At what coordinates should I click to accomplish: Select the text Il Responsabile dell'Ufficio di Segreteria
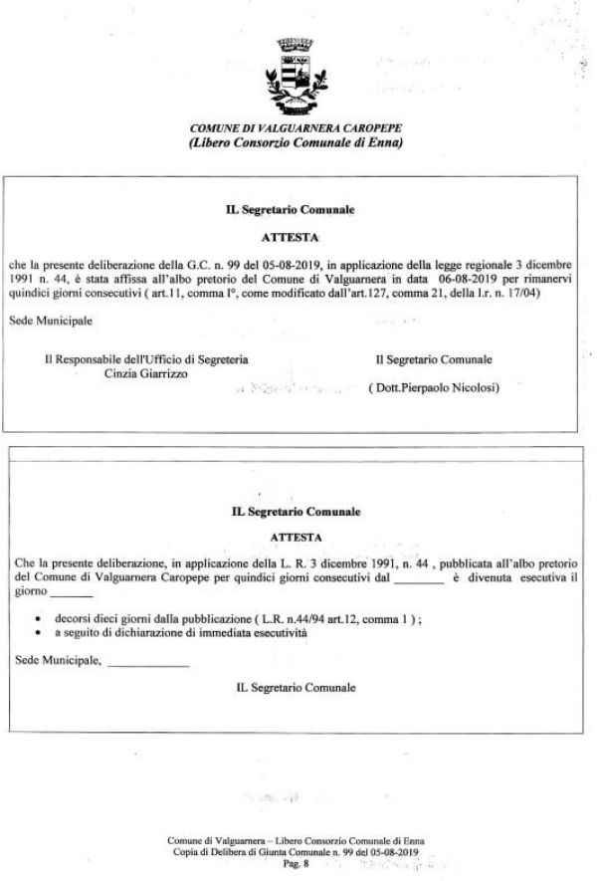[x=146, y=359]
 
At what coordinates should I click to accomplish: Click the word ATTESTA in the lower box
[x=296, y=536]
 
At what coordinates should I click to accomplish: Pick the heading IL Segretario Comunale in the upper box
[x=294, y=210]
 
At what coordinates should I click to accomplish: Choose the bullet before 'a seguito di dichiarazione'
[x=37, y=632]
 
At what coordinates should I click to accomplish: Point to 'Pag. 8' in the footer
[x=297, y=866]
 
